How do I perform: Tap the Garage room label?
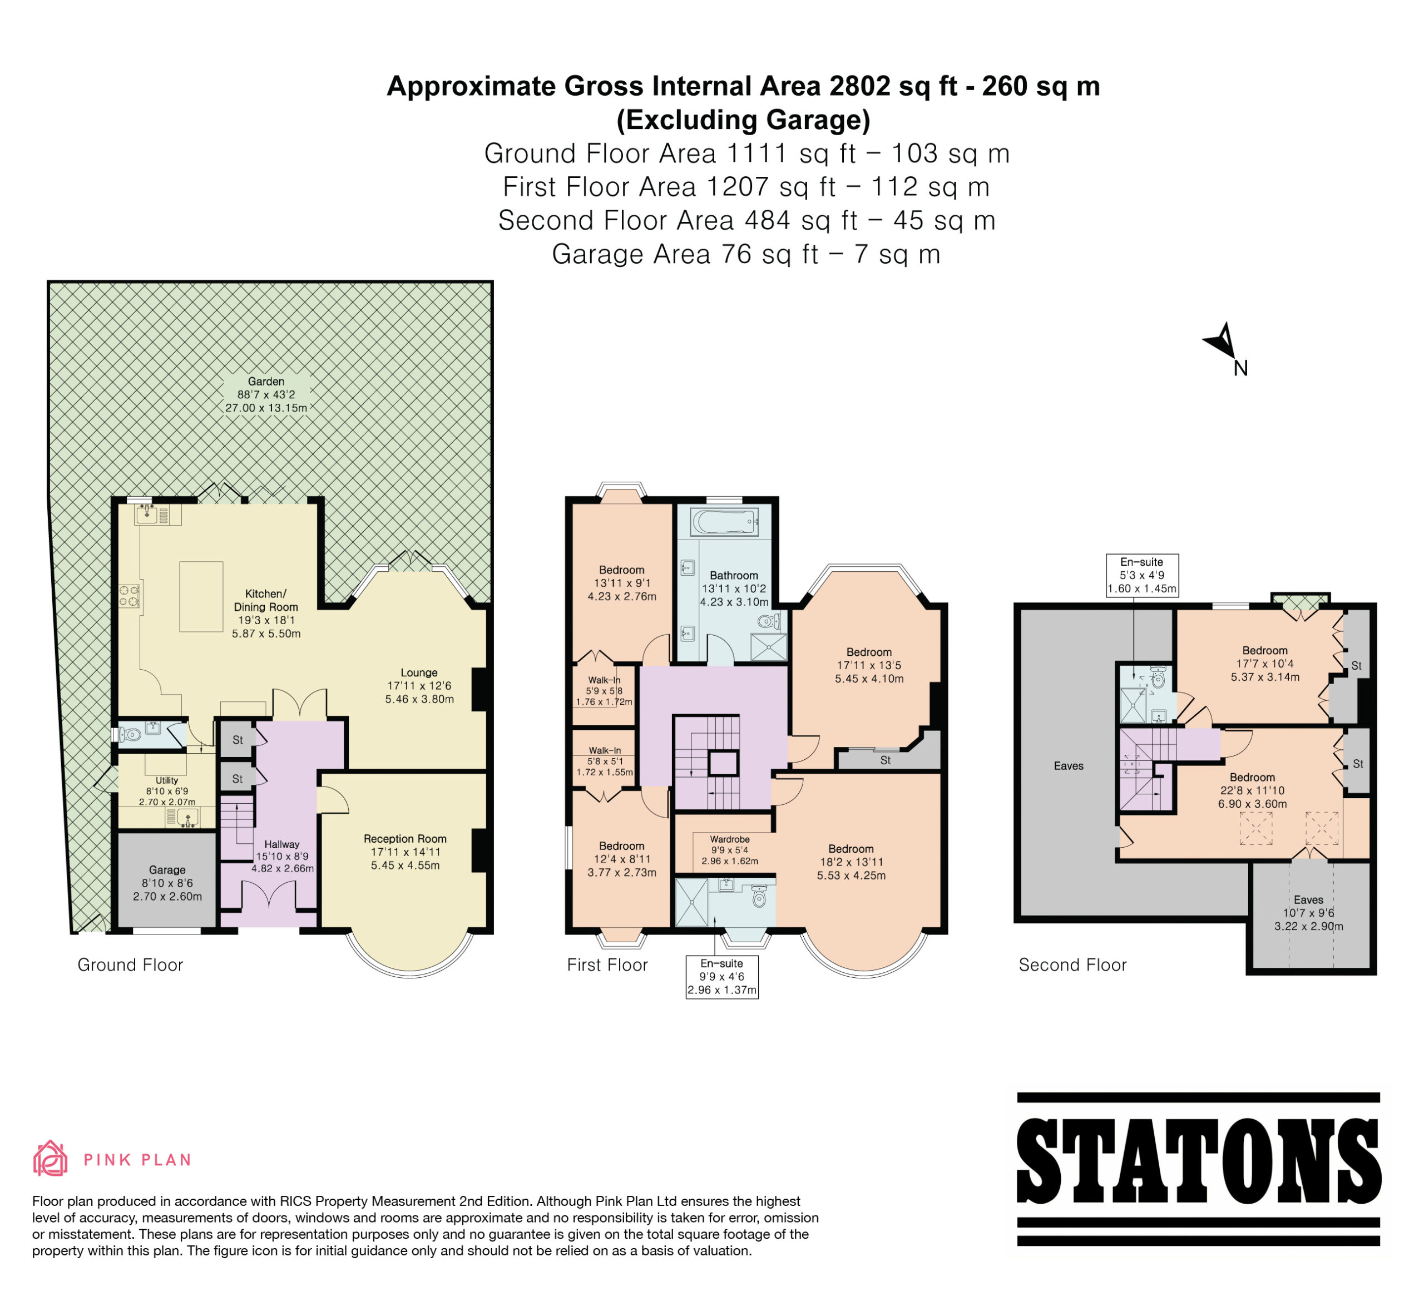(x=167, y=870)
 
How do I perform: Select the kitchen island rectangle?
(x=201, y=596)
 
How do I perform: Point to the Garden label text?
(x=266, y=382)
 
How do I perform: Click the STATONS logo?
(x=1199, y=1168)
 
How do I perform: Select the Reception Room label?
(x=406, y=839)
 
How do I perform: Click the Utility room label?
(x=167, y=780)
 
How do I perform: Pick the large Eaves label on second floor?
(x=1069, y=765)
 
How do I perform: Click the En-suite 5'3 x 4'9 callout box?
(x=1142, y=576)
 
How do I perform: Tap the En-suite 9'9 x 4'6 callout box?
(x=722, y=977)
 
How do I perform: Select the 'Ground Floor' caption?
(x=130, y=964)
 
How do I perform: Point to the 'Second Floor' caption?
(x=1072, y=964)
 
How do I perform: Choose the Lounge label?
(x=419, y=673)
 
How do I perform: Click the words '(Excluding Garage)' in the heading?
(x=743, y=120)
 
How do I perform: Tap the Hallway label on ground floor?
(x=282, y=844)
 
